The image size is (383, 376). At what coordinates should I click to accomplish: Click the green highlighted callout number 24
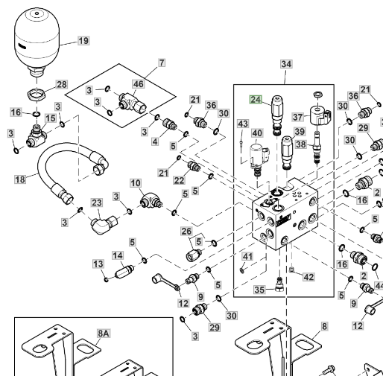pos(256,100)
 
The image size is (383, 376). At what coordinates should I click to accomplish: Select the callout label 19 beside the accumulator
pos(83,40)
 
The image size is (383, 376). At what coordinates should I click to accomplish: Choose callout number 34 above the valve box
pos(286,64)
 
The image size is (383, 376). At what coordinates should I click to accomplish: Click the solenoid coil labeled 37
pos(320,116)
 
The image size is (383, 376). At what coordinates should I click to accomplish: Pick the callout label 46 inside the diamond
pos(139,84)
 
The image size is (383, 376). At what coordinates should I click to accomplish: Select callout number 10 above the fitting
pos(136,183)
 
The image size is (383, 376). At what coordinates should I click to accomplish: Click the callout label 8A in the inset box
pos(104,334)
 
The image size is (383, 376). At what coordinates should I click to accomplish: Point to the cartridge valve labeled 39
pos(287,153)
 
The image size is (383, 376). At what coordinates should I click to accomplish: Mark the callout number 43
pos(243,124)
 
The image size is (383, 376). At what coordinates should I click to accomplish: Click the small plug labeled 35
pos(279,284)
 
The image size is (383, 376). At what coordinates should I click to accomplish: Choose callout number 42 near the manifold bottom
pos(308,277)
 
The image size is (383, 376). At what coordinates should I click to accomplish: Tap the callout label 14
pos(118,255)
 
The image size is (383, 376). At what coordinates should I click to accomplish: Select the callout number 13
pos(98,264)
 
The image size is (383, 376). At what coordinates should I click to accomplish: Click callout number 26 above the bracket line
pos(186,232)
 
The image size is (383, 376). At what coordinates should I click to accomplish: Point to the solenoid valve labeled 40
pos(259,159)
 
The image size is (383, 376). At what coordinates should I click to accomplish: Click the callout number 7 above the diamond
pos(162,63)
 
